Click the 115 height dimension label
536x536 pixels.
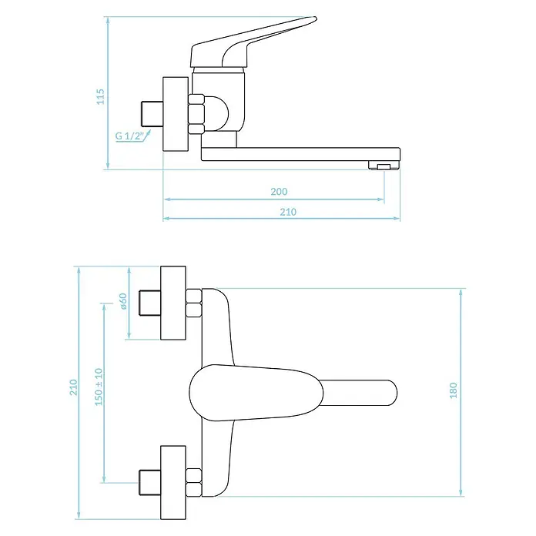click(100, 97)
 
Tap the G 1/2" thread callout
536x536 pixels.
click(129, 136)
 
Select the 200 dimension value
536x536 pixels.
click(279, 192)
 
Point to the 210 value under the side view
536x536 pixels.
click(288, 212)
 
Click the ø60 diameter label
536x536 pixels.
click(123, 301)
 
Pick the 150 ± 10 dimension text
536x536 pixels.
click(99, 387)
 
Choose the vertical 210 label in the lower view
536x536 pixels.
click(74, 387)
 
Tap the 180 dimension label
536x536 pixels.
click(453, 390)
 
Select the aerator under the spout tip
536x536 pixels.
click(384, 165)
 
